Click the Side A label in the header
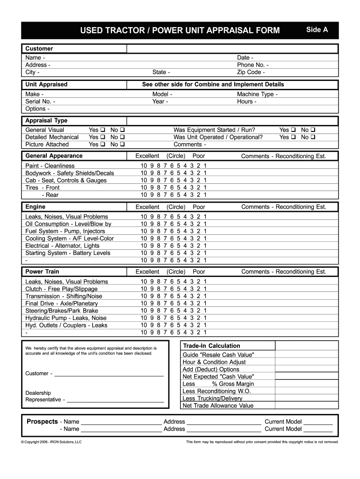click(317, 30)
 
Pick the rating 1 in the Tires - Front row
click(205, 188)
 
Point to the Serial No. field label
click(40, 102)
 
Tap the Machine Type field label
click(257, 94)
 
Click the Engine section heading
click(36, 207)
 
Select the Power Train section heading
click(42, 271)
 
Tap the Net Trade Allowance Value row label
click(218, 406)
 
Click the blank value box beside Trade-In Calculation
click(306, 346)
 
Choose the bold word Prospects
click(42, 421)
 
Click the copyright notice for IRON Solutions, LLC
click(51, 442)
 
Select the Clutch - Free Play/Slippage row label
click(61, 289)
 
